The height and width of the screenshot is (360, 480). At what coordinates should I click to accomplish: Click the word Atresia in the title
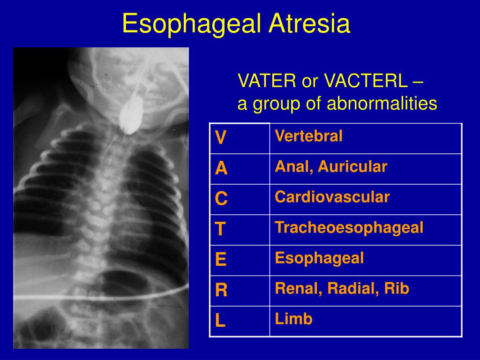coord(309,24)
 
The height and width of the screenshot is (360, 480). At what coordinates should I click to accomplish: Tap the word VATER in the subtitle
coord(267,82)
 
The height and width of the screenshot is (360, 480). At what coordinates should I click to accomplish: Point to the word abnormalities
coord(382,104)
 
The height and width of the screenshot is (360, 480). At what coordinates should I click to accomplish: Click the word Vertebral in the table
coord(308,136)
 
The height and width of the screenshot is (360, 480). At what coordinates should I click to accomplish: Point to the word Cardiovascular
coord(332,197)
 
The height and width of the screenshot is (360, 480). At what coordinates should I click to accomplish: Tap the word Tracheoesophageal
coord(349,228)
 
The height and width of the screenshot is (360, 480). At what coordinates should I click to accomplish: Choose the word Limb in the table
coord(293,319)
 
